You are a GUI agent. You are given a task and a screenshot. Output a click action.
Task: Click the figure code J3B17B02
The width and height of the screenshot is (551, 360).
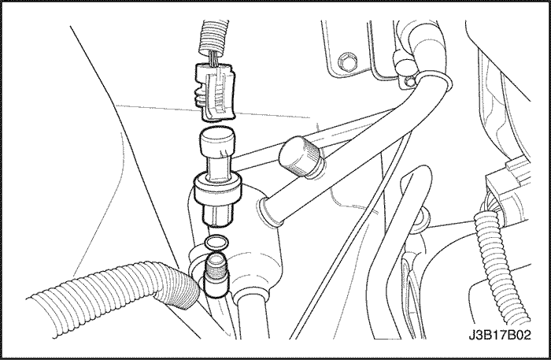click(499, 335)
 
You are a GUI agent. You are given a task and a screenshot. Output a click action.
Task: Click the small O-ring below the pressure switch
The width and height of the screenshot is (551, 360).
click(216, 242)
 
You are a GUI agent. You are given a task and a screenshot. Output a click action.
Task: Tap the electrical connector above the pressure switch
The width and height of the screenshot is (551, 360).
click(215, 91)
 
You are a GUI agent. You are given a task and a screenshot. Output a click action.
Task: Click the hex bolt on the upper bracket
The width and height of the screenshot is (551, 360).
click(346, 61)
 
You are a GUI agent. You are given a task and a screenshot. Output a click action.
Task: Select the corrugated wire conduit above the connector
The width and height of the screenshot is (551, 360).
click(213, 36)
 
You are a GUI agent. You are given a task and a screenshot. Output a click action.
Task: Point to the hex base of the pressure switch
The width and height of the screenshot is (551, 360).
click(216, 215)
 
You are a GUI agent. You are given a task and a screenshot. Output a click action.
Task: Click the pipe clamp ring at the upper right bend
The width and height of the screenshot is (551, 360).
click(433, 82)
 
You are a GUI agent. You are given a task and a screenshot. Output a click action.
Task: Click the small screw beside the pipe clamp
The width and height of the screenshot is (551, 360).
click(409, 82)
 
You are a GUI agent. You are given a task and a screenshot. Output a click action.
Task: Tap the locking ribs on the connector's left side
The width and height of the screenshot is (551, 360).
click(198, 96)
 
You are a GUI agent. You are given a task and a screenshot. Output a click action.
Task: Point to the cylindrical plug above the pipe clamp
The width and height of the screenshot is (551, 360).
click(404, 62)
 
